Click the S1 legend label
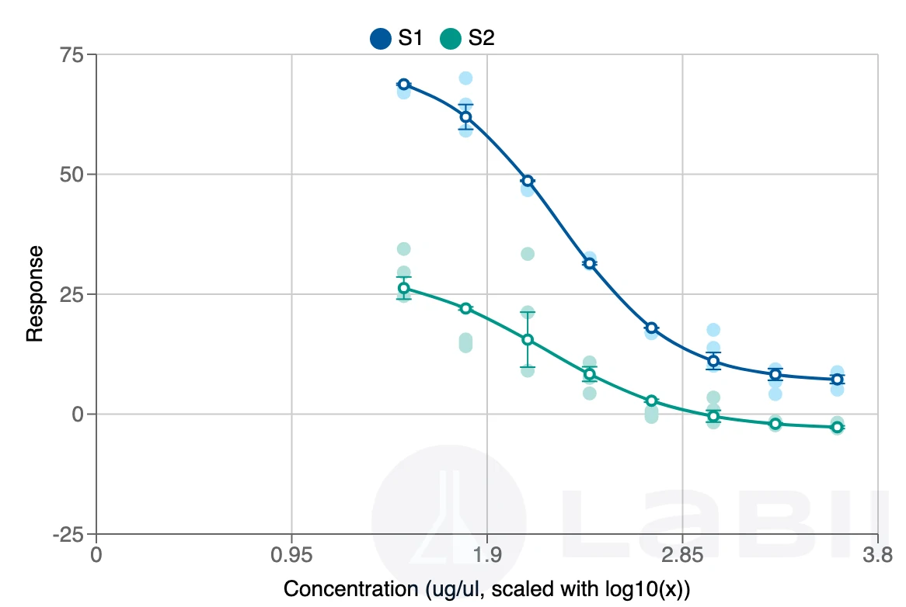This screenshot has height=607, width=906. [410, 37]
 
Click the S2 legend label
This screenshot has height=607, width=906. [481, 37]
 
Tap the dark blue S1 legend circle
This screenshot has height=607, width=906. [381, 38]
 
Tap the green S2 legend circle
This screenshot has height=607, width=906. [451, 38]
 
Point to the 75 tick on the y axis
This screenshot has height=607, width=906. [75, 55]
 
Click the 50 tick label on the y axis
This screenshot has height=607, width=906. [75, 175]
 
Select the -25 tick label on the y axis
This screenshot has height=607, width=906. [71, 534]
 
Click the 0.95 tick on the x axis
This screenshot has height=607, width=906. [291, 556]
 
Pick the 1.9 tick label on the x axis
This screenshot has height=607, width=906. [486, 556]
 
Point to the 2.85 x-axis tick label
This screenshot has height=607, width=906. [681, 556]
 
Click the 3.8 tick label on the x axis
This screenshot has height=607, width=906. [877, 556]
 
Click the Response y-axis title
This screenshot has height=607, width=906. [34, 293]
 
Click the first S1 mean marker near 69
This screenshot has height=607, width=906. [403, 85]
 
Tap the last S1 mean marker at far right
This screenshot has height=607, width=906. [837, 380]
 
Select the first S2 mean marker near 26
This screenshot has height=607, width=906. [403, 288]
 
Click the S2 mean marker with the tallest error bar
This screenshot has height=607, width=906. [528, 339]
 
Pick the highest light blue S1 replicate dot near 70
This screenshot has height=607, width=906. [465, 78]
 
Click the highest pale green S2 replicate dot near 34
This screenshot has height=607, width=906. [403, 249]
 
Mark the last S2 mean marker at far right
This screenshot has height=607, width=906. [837, 427]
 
